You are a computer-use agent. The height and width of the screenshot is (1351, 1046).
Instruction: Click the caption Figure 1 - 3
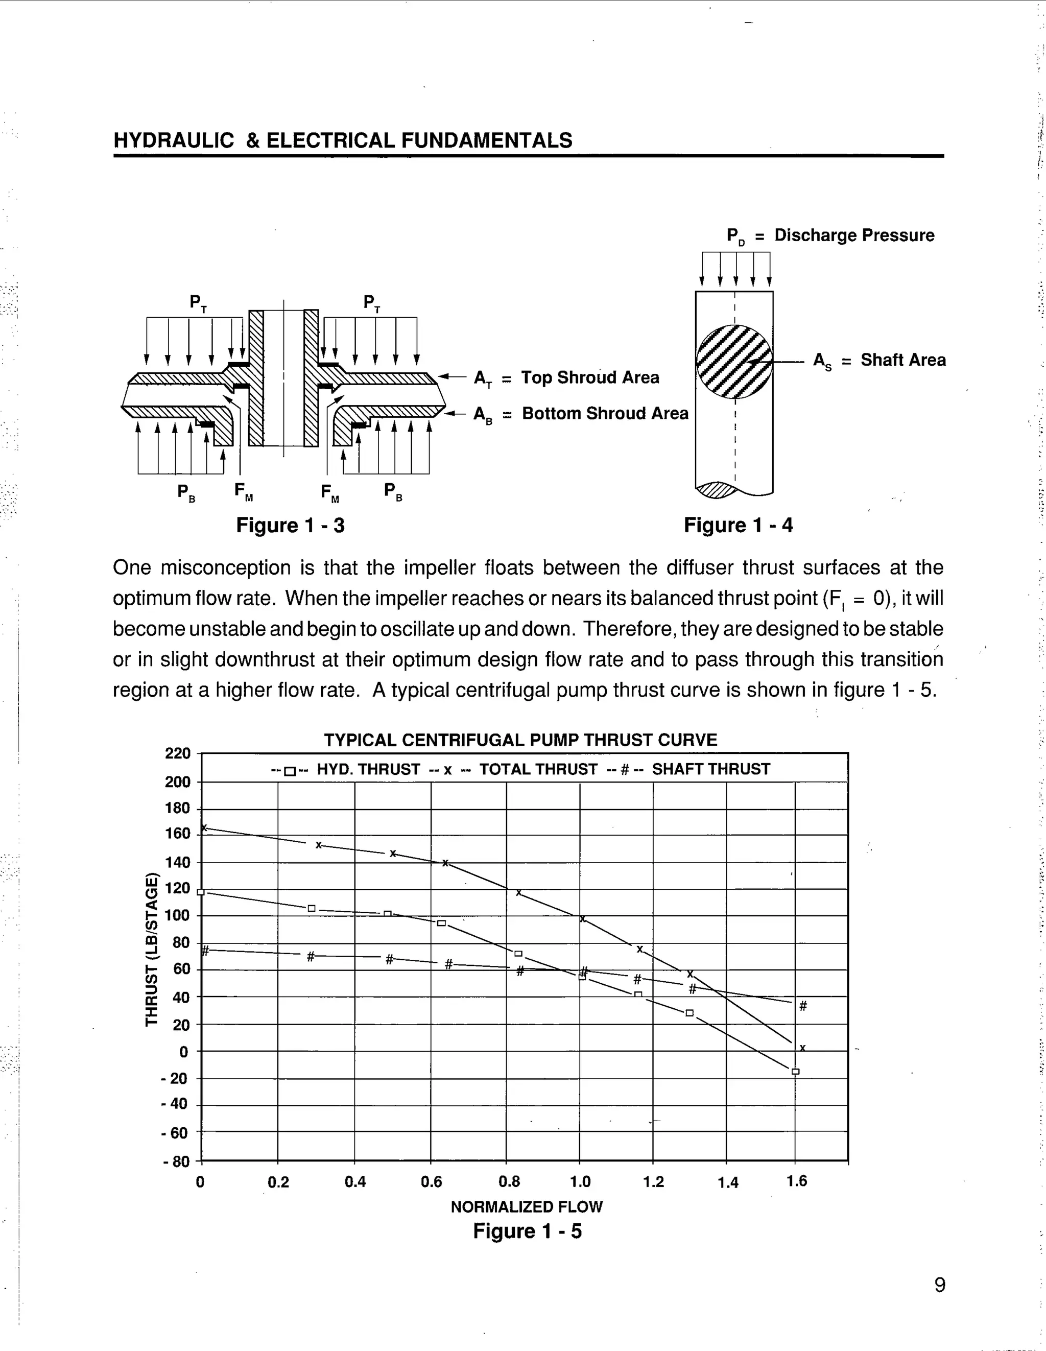(x=290, y=525)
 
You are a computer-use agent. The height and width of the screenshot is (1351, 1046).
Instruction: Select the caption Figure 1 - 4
(x=738, y=525)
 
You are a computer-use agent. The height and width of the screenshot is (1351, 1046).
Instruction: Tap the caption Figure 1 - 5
(x=527, y=1231)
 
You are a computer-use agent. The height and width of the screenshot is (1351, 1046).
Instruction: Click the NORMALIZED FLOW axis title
(x=527, y=1206)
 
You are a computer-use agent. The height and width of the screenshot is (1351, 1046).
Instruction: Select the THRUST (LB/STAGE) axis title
(x=151, y=949)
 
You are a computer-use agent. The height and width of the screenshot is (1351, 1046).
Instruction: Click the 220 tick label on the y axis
(x=178, y=753)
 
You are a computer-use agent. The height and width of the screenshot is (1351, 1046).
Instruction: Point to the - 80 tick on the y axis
(x=176, y=1162)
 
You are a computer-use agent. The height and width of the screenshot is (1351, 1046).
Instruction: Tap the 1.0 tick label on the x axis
(x=580, y=1182)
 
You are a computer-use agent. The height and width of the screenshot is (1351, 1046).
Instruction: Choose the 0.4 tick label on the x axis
(x=355, y=1182)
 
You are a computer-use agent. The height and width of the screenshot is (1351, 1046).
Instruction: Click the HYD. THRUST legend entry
(x=368, y=770)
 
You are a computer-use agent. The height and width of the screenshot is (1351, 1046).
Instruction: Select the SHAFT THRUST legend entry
(x=711, y=770)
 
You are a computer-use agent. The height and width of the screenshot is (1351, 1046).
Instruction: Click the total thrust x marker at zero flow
(x=203, y=827)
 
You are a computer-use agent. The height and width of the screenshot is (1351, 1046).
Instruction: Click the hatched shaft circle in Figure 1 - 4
(x=734, y=362)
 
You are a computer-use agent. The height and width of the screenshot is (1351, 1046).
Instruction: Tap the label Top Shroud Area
(x=589, y=377)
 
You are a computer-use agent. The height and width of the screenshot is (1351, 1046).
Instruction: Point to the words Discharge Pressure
(x=854, y=235)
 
